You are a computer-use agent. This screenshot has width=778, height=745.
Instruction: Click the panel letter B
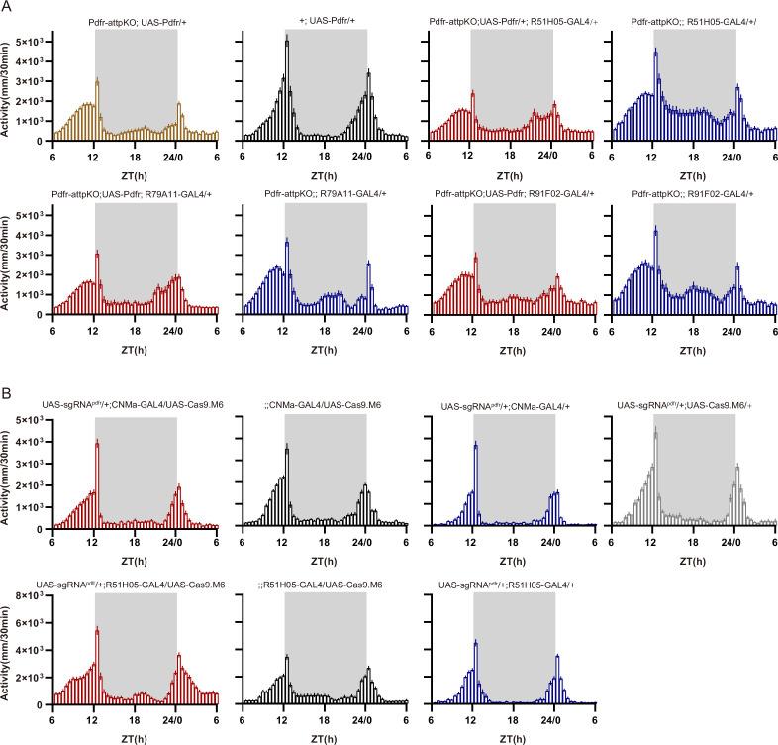pyautogui.click(x=7, y=394)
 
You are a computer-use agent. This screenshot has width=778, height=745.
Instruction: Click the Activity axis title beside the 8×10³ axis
pyautogui.click(x=8, y=651)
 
